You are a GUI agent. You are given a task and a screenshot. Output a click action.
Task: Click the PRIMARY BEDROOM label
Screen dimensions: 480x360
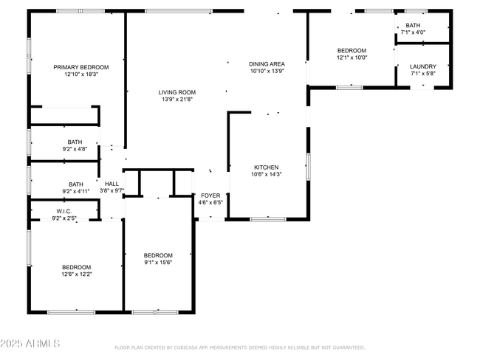(81, 67)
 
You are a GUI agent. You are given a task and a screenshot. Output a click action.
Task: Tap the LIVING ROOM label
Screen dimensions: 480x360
(177, 92)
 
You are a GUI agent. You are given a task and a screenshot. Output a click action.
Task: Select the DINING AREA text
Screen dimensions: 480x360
(267, 64)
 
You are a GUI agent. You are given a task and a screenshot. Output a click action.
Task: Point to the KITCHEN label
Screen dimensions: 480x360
(267, 167)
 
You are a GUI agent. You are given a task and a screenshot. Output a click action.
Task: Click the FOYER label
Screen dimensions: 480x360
(210, 195)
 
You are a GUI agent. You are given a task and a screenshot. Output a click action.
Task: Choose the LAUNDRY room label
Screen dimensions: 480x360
(423, 66)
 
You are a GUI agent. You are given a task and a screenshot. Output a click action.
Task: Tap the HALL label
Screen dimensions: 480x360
(112, 184)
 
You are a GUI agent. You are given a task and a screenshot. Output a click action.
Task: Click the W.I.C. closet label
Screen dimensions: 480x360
(64, 211)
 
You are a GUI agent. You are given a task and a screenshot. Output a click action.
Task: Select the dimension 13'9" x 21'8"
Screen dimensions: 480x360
(177, 99)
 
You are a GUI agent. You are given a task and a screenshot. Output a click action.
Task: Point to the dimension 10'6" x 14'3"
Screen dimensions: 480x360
(267, 174)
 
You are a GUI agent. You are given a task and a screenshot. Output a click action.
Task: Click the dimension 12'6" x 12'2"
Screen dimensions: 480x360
(77, 274)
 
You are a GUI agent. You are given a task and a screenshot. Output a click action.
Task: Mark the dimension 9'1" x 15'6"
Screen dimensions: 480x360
(158, 263)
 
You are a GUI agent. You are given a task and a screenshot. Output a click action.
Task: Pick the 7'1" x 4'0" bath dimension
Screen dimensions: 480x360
(413, 32)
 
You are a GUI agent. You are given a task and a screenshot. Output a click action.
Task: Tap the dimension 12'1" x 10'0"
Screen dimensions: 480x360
(352, 58)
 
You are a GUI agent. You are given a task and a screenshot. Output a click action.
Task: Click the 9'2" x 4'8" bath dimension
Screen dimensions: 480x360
(75, 149)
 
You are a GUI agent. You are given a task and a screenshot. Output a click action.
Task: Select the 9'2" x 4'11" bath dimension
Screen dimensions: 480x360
(76, 192)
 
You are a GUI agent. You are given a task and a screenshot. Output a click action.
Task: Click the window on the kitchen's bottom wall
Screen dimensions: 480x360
(268, 219)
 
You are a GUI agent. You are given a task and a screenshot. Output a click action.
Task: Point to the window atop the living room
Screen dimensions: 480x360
(179, 11)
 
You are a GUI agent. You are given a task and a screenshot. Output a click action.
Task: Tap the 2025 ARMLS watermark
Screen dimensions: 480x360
(30, 344)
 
